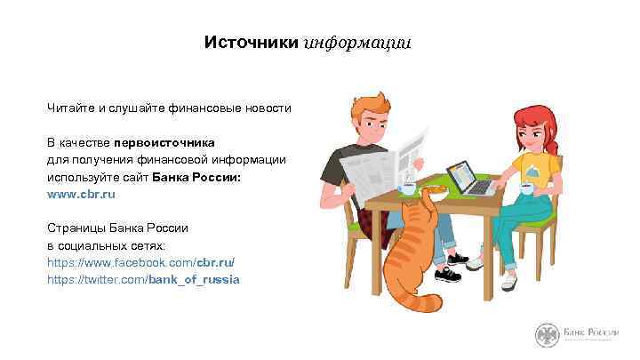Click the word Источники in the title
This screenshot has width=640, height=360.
pyautogui.click(x=252, y=43)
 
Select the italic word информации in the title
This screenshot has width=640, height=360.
pyautogui.click(x=357, y=43)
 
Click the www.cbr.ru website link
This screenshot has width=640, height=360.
pyautogui.click(x=82, y=193)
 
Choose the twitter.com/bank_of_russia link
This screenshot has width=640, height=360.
pyautogui.click(x=143, y=279)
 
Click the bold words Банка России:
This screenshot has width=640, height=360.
pyautogui.click(x=196, y=176)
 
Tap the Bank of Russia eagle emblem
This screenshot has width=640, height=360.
pyautogui.click(x=545, y=335)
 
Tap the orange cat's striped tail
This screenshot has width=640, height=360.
pyautogui.click(x=418, y=302)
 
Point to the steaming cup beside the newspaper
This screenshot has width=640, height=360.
pyautogui.click(x=408, y=188)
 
